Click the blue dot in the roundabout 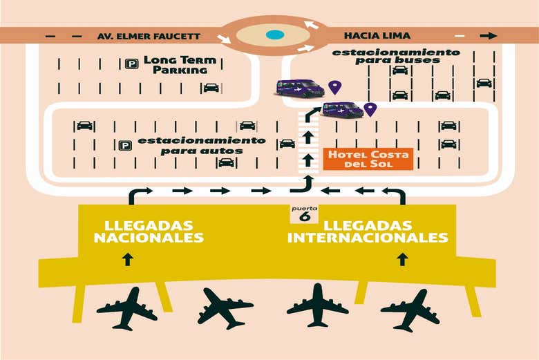click(274, 35)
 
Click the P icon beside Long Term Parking click(131, 64)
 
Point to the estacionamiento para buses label click(396, 56)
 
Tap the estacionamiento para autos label click(201, 144)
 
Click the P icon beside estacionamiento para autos click(125, 145)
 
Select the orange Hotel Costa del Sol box click(368, 159)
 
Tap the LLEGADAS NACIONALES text click(149, 231)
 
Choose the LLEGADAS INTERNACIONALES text click(367, 231)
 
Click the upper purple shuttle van click(299, 88)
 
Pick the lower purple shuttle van click(342, 109)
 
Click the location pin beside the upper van click(335, 86)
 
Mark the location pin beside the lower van click(370, 108)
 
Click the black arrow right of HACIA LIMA click(489, 35)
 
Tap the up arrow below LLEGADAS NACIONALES click(127, 259)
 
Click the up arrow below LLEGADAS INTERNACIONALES click(402, 259)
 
